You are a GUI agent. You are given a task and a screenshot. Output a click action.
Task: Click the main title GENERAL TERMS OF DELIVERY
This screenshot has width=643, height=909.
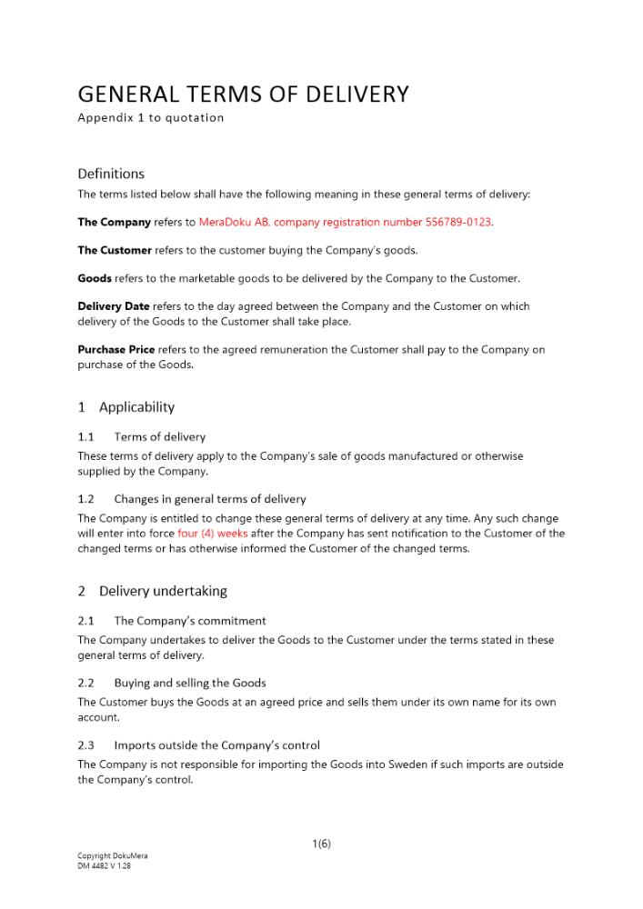[x=243, y=95]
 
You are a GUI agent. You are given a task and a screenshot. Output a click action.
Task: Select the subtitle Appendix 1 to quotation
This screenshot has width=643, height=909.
[x=150, y=117]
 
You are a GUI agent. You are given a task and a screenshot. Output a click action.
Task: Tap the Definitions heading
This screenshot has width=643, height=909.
[x=111, y=174]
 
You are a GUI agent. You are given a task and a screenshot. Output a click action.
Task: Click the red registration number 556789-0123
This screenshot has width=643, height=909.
[x=459, y=222]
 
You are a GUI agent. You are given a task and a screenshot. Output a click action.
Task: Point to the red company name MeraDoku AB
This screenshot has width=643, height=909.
[x=234, y=222]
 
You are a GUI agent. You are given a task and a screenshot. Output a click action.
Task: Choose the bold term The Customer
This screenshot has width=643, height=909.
[x=115, y=250]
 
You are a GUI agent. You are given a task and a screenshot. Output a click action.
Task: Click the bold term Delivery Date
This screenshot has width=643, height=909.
[x=114, y=306]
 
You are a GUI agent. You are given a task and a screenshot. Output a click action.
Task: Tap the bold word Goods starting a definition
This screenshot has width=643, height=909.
[x=95, y=278]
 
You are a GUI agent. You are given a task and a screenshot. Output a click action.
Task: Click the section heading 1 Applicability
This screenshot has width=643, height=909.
[x=126, y=407]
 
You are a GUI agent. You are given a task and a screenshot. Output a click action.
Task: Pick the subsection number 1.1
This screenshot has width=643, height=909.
[x=86, y=437]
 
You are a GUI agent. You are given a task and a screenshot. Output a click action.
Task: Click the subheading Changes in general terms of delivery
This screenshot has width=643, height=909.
[x=210, y=499]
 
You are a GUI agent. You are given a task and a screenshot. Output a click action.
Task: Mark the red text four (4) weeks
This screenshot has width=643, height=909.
[x=212, y=534]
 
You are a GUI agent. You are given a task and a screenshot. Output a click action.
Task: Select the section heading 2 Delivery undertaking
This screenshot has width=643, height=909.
[x=152, y=591]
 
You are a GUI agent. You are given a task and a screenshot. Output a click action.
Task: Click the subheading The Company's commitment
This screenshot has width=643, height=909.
[x=190, y=621]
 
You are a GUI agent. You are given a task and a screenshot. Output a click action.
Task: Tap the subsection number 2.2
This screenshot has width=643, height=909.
[x=86, y=683]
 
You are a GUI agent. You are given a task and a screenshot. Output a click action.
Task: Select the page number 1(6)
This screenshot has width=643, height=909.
[x=321, y=844]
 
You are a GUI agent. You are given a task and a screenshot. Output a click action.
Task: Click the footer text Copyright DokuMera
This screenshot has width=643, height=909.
[x=113, y=856]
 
